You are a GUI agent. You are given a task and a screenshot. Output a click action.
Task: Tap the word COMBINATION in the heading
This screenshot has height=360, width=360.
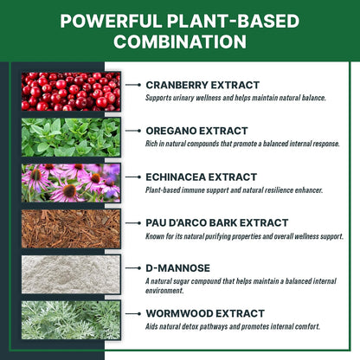point(180,42)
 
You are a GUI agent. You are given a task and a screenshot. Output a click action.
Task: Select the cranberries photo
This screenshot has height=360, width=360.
point(71,92)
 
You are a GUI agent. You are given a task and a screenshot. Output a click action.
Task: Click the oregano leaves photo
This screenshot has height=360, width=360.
point(71,137)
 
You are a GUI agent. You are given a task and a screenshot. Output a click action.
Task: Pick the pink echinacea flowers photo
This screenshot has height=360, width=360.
point(71,183)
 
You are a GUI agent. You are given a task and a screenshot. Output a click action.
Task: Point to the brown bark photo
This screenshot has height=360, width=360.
point(71,228)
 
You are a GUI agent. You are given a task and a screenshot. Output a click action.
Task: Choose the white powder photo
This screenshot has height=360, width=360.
point(71,274)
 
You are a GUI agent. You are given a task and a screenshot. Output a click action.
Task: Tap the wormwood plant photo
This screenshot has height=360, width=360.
point(71,320)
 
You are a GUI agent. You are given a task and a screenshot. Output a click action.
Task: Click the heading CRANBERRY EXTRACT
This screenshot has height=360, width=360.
point(202,85)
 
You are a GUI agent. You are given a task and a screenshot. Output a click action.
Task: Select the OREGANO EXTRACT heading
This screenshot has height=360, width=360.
point(196,131)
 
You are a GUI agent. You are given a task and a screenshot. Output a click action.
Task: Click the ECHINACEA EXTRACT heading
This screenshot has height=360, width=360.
point(202,177)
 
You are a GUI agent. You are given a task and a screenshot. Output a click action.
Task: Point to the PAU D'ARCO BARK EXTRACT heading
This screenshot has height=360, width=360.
point(217,222)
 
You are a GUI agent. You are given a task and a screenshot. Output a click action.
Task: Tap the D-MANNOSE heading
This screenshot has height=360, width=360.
point(178,268)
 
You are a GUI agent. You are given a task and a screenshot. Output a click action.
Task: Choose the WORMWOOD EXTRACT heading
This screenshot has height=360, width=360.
point(205,313)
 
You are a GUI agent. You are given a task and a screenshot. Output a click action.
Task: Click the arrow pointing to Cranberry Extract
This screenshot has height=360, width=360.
point(133,85)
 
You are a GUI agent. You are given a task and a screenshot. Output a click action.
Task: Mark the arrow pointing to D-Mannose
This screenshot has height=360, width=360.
point(133,268)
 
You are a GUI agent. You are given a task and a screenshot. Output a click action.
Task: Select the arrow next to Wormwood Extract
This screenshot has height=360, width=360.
point(133,313)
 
